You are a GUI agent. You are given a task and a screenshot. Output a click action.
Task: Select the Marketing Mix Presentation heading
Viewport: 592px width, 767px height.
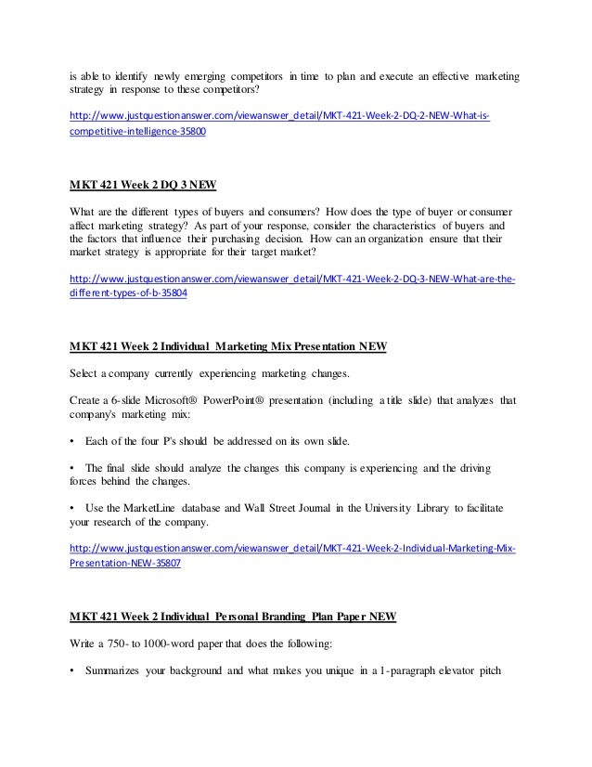pyautogui.click(x=228, y=348)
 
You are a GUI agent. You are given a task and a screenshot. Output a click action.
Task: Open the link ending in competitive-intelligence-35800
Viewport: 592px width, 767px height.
pyautogui.click(x=139, y=133)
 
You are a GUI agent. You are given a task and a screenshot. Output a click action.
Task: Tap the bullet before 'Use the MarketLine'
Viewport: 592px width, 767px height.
pyautogui.click(x=73, y=500)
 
